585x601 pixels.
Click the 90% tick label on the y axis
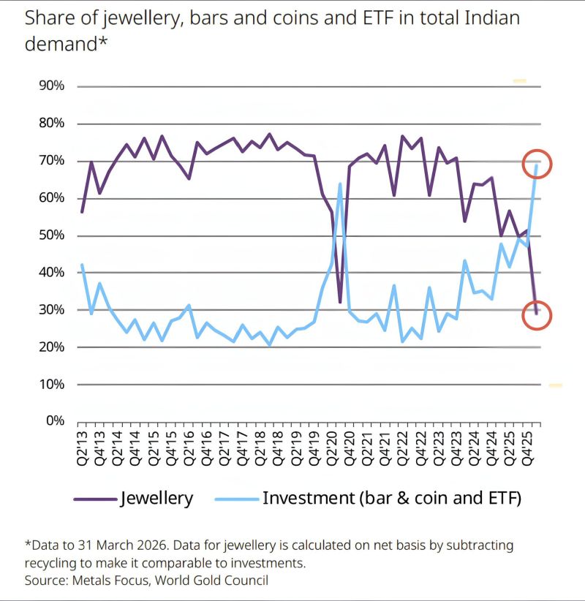point(51,86)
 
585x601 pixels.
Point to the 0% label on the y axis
point(55,420)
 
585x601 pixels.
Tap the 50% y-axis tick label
point(51,235)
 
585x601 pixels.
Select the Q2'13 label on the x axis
point(82,448)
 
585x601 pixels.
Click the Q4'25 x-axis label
point(528,448)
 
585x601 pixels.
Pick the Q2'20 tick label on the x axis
point(331,448)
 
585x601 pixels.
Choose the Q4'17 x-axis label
point(243,448)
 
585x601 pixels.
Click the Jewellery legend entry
point(133,499)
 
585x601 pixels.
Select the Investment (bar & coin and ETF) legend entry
point(368,499)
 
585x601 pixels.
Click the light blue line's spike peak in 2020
point(340,184)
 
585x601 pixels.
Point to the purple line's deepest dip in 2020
point(340,303)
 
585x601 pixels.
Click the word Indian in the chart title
point(492,18)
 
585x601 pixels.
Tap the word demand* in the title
point(66,43)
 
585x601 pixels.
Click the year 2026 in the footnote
point(148,545)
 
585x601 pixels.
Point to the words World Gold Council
point(211,580)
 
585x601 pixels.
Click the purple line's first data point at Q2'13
point(82,212)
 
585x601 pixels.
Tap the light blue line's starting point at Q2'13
point(82,265)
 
